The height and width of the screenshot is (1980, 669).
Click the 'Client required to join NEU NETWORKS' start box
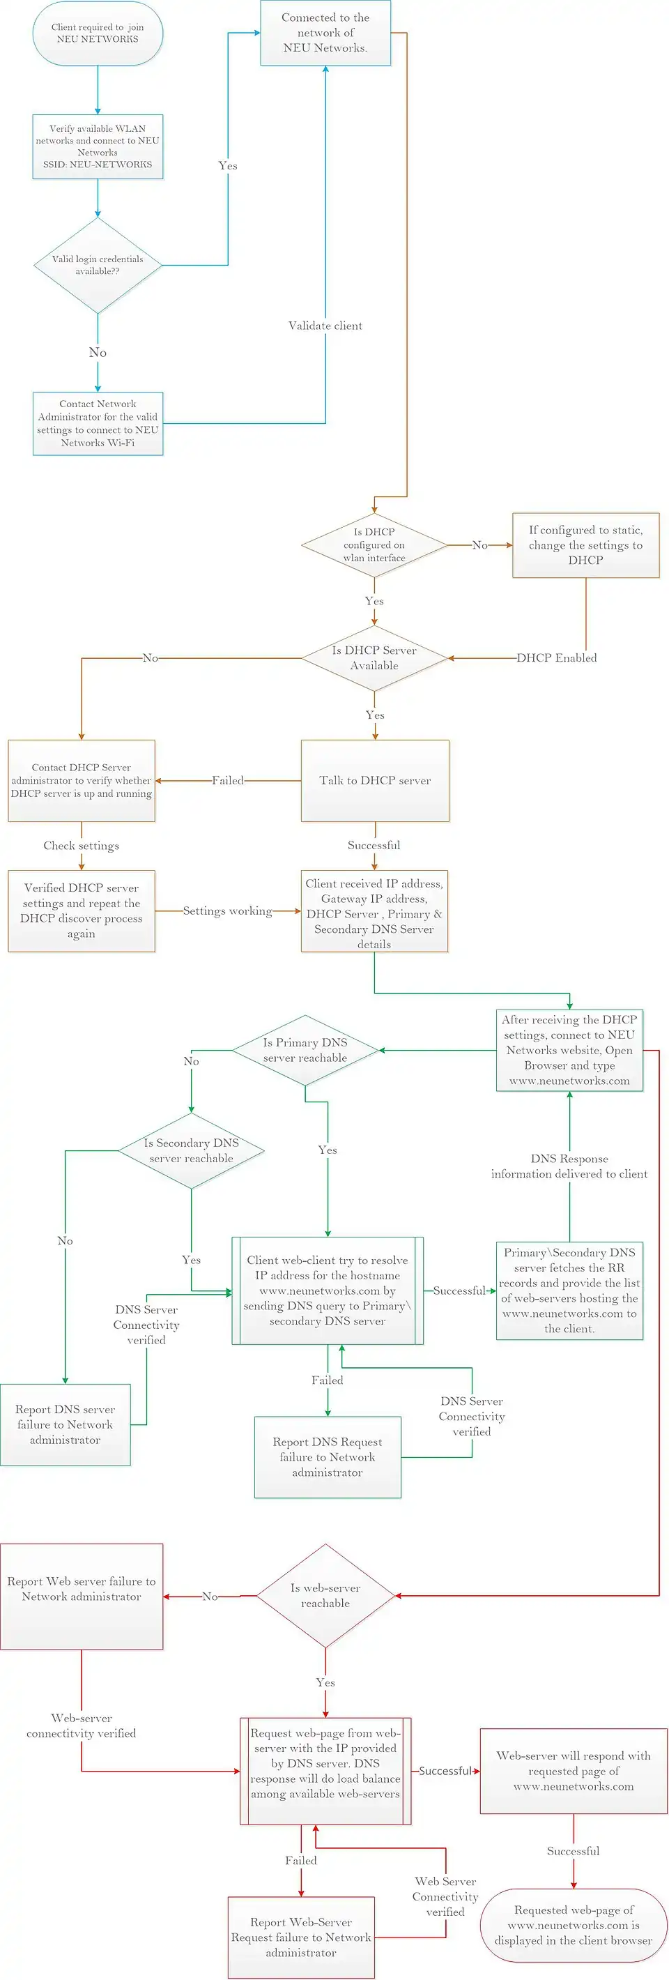98,33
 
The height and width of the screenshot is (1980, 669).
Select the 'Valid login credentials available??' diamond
98,265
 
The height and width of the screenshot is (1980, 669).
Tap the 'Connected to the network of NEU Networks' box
325,33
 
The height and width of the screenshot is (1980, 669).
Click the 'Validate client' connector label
325,326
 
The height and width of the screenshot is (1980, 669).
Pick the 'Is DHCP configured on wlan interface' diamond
374,545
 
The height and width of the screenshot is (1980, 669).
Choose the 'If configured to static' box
585,545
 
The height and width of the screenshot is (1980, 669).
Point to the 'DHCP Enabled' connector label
556,658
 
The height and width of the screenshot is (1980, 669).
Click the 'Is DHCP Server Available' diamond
374,658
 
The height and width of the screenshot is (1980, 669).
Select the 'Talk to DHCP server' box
375,780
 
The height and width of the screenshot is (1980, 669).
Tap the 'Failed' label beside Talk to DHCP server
227,780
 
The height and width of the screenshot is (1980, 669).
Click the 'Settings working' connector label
227,911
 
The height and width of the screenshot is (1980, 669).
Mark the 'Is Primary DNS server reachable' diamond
305,1050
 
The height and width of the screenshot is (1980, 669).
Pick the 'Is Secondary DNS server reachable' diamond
191,1150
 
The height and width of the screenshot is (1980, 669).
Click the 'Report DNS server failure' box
66,1424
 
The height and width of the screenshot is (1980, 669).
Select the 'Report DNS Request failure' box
328,1456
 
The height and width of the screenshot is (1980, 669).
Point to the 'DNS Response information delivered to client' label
569,1166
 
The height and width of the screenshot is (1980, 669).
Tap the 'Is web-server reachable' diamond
325,1596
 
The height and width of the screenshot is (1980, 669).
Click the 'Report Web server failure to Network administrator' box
82,1596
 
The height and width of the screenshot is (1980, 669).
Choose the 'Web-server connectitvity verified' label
82,1726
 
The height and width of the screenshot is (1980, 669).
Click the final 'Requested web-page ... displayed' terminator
573,1925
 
